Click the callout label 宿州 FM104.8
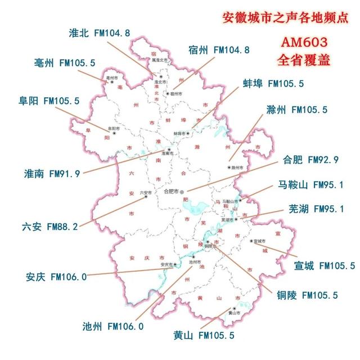coord(219,49)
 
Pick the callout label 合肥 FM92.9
coord(310,160)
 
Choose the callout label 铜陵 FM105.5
coord(307,294)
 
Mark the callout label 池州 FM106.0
coord(113,326)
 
